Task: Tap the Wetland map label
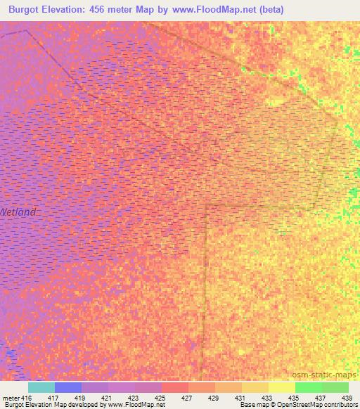17,212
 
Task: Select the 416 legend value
27,397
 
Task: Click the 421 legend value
105,397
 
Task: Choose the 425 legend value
160,397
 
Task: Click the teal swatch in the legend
41,387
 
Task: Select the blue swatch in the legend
68,387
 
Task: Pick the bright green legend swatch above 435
309,387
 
